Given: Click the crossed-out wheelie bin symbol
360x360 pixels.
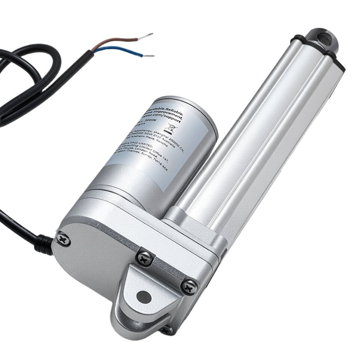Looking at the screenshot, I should [x=171, y=130].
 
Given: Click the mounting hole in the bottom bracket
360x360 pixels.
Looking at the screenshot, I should [x=144, y=297].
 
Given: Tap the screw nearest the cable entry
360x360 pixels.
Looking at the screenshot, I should [x=63, y=239].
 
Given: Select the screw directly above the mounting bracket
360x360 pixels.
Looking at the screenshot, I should [x=145, y=258].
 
